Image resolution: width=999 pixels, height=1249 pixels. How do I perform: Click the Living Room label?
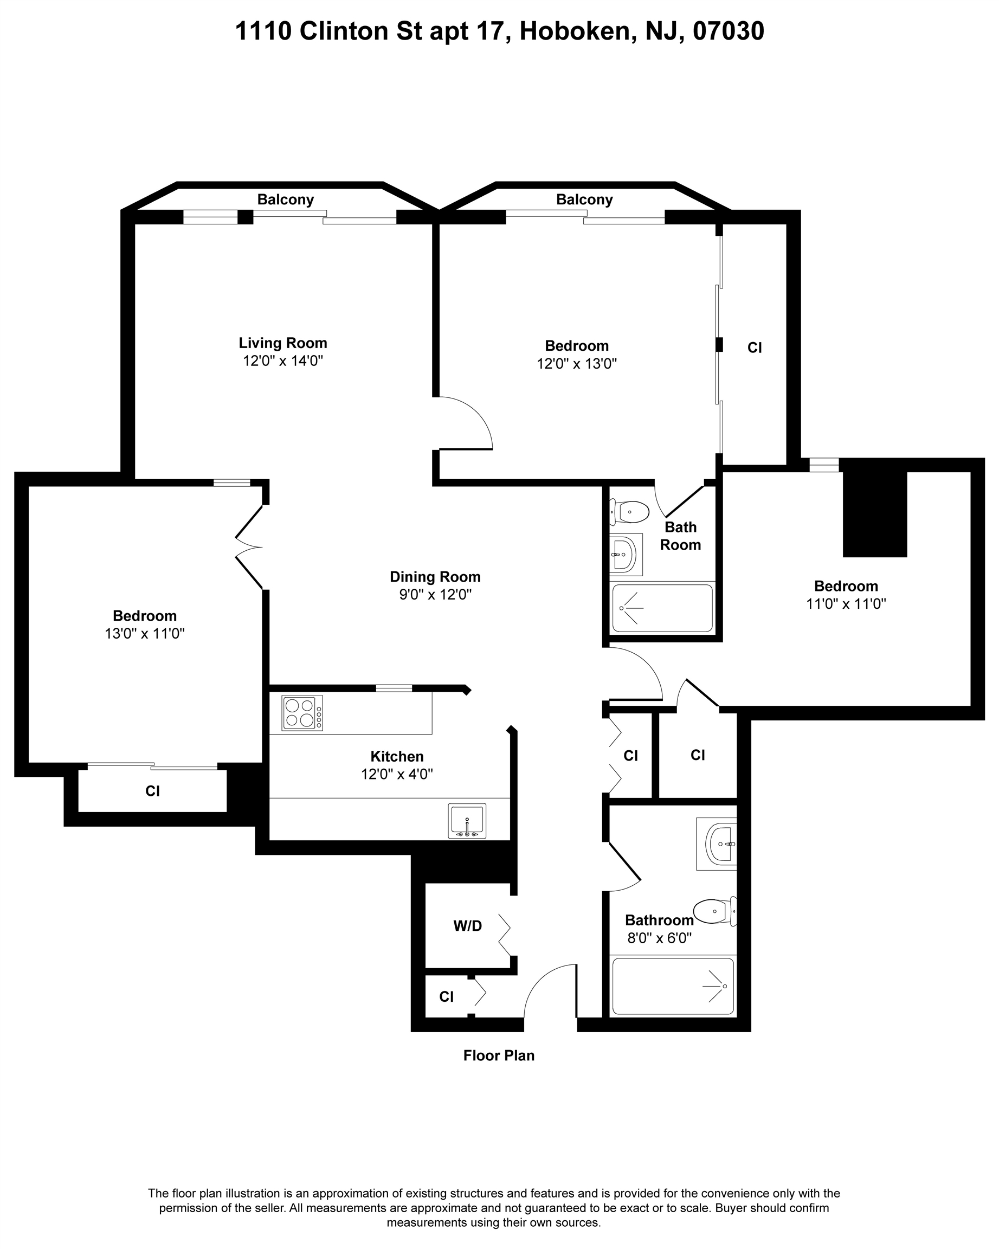pyautogui.click(x=282, y=343)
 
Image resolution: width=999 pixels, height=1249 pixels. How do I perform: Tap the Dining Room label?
pyautogui.click(x=435, y=576)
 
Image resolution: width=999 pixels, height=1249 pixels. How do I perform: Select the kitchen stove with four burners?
pyautogui.click(x=302, y=712)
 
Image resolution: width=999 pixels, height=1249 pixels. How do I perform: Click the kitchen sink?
pyautogui.click(x=467, y=821)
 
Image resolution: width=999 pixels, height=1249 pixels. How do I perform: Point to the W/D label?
pyautogui.click(x=467, y=926)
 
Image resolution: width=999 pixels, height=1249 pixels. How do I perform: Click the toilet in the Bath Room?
pyautogui.click(x=629, y=512)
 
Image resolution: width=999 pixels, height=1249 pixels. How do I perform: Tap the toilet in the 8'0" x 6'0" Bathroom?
pyautogui.click(x=715, y=911)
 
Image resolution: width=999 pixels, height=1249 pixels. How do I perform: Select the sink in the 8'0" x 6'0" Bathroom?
pyautogui.click(x=717, y=844)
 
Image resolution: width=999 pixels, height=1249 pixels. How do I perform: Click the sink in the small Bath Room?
pyautogui.click(x=626, y=555)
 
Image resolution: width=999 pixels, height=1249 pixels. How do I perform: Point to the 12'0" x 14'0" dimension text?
pyautogui.click(x=282, y=361)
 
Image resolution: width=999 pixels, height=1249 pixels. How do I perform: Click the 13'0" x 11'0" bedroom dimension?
pyautogui.click(x=145, y=633)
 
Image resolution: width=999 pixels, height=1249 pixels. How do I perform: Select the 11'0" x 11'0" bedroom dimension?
pyautogui.click(x=846, y=604)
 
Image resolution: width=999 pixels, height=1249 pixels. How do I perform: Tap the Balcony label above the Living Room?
pyautogui.click(x=286, y=199)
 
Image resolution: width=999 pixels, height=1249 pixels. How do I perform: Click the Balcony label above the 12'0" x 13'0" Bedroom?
pyautogui.click(x=584, y=199)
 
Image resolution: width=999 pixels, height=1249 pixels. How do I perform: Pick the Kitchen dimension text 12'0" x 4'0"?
pyautogui.click(x=397, y=774)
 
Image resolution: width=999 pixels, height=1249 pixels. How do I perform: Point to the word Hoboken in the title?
pyautogui.click(x=575, y=31)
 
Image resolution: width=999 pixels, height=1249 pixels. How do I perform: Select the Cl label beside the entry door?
pyautogui.click(x=446, y=996)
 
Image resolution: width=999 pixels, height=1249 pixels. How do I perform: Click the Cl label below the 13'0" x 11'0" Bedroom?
pyautogui.click(x=152, y=791)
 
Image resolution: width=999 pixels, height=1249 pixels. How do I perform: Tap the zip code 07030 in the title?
pyautogui.click(x=729, y=31)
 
